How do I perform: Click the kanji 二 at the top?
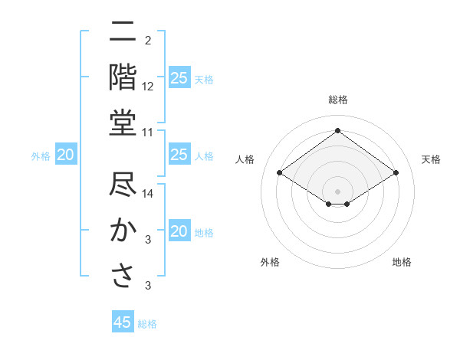pos(123,32)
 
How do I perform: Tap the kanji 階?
pos(123,77)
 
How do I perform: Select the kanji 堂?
pos(123,123)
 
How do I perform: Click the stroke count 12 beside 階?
pos(148,87)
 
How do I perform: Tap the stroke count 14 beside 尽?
pos(148,195)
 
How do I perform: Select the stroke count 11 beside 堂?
pos(148,133)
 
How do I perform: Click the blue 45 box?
pos(123,322)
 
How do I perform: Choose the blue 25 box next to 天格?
pos(179,77)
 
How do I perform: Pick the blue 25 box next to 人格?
pos(179,155)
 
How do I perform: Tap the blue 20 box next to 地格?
pos(179,231)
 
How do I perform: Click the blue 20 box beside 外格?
pos(65,155)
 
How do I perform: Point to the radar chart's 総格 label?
pos(337,100)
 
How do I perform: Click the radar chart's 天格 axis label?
pos(431,159)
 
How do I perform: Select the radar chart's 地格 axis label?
pos(402,262)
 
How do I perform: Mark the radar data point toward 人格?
pos(279,173)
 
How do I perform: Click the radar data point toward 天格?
pos(396,173)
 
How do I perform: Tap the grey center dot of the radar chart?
pos(337,190)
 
